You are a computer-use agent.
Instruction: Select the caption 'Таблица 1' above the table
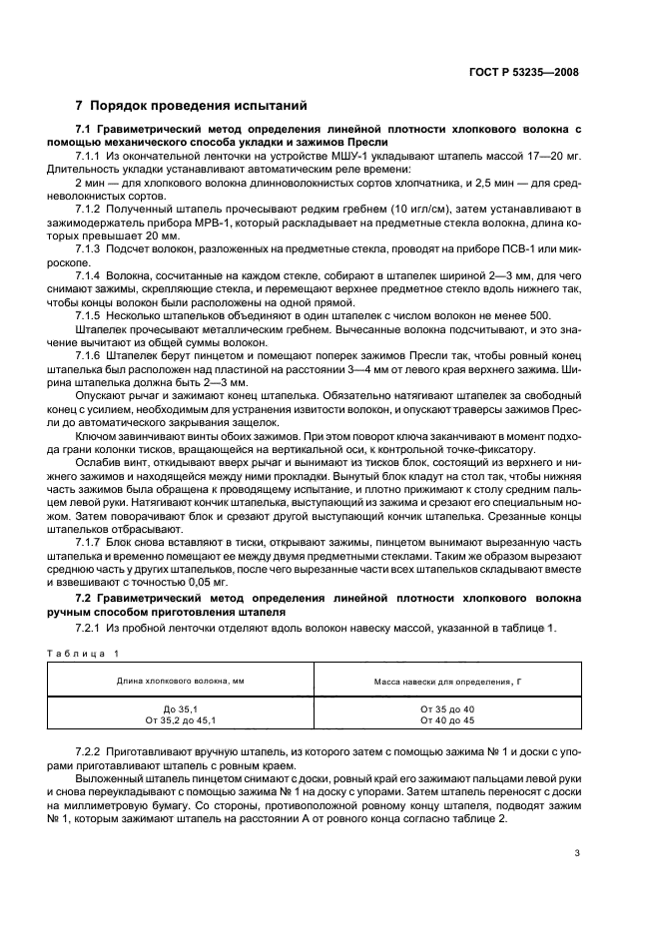pyautogui.click(x=83, y=653)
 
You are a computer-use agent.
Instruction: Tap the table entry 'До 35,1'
pyautogui.click(x=181, y=708)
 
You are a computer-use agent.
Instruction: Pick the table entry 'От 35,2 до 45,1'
pyautogui.click(x=181, y=719)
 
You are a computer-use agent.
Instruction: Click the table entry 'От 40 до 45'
pyautogui.click(x=447, y=719)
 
